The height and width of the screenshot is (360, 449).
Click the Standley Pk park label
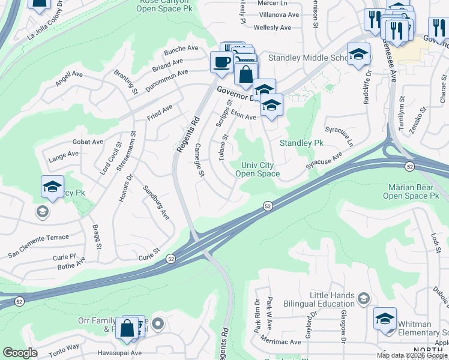(301, 143)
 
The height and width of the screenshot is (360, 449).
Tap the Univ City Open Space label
(258, 169)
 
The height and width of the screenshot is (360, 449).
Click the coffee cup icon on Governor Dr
(221, 62)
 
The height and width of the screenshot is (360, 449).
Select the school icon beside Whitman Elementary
(385, 319)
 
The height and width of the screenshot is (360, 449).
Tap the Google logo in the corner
(20, 352)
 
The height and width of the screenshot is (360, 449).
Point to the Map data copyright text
(412, 355)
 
